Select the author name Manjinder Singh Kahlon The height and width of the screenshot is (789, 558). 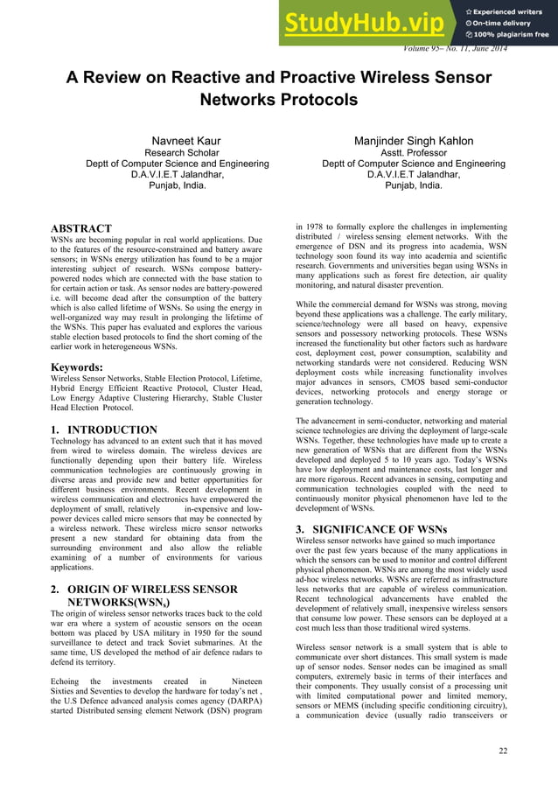click(414, 141)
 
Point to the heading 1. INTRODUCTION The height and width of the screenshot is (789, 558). click(104, 429)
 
